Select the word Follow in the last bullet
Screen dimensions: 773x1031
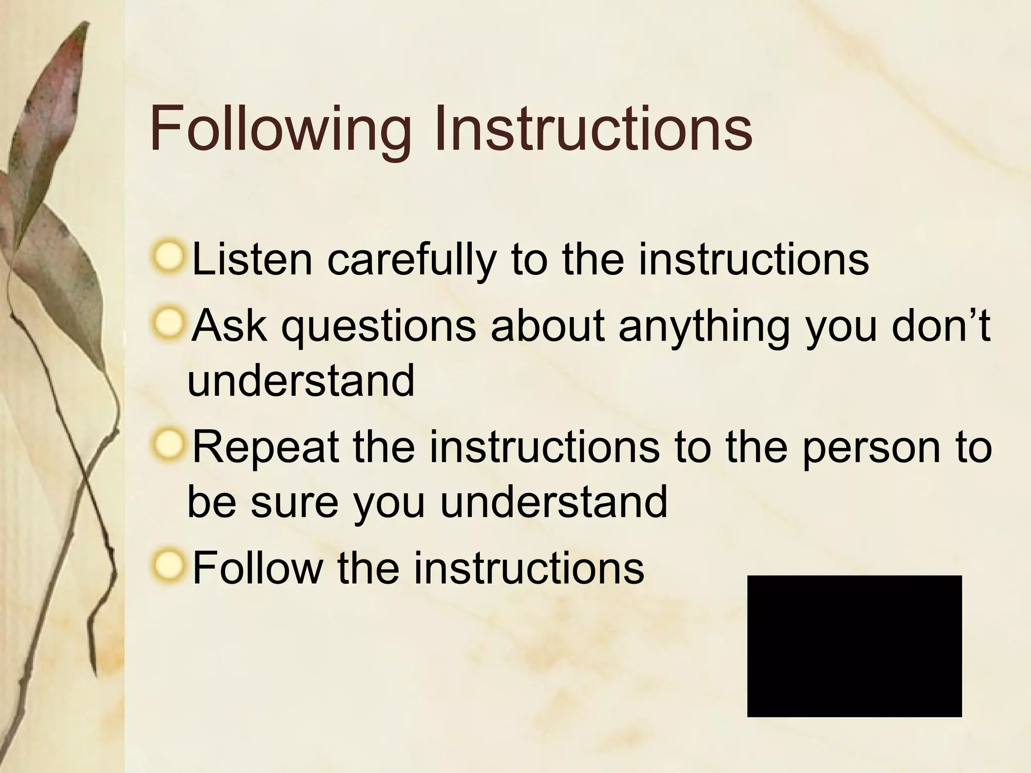pos(257,568)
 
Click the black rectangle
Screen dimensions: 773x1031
pos(854,646)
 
